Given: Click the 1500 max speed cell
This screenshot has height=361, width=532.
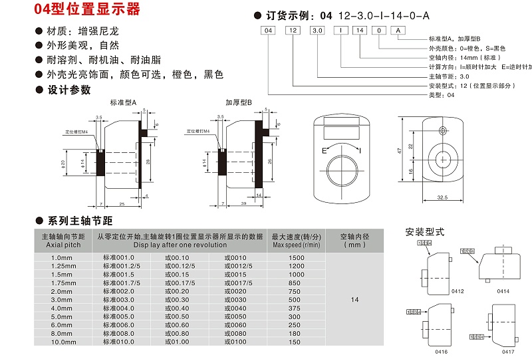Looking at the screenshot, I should [x=297, y=257].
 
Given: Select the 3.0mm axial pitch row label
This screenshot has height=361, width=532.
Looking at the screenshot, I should [x=61, y=301].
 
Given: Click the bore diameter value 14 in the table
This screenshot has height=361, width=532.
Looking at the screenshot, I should [x=354, y=301].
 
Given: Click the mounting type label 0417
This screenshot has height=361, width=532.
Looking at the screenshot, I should [x=509, y=351].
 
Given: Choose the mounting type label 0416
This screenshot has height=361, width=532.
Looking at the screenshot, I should [x=440, y=351].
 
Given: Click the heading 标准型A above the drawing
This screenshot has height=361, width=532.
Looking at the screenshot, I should [x=123, y=103].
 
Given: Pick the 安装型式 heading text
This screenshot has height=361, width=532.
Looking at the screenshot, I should [x=425, y=232].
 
